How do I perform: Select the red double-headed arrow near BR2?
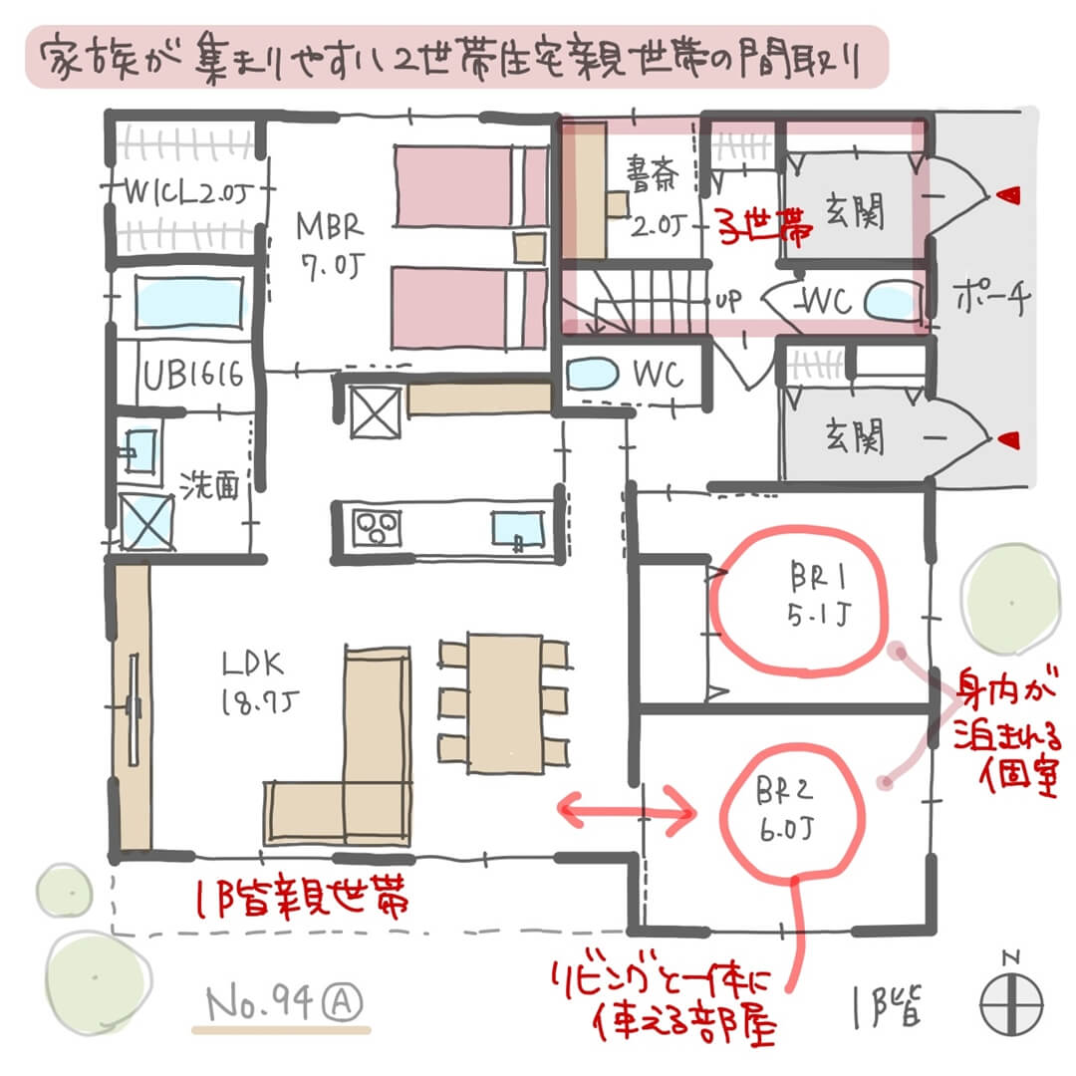tap(627, 814)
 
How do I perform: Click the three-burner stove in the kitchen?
tap(376, 526)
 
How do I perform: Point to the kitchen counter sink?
tap(517, 527)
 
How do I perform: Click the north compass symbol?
tap(1010, 998)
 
